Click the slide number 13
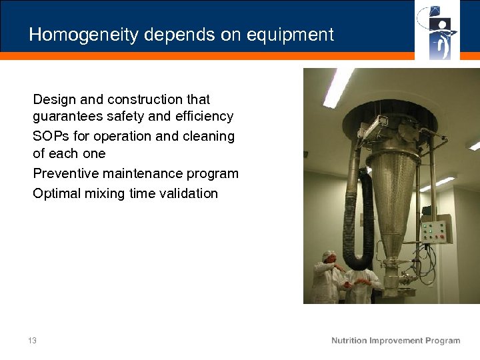[33, 341]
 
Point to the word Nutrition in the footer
[349, 341]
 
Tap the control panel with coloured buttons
[436, 231]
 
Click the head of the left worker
[327, 257]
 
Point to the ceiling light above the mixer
[339, 86]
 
